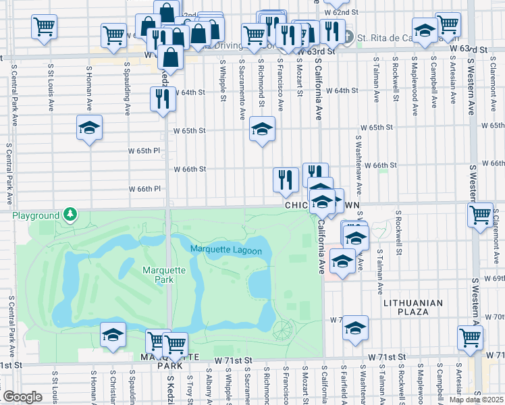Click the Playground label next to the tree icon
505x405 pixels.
tap(35, 215)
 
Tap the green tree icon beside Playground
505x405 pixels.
tap(70, 215)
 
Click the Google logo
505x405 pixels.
tap(22, 397)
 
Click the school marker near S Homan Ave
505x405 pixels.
tap(89, 128)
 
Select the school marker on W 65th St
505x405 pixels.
tap(262, 128)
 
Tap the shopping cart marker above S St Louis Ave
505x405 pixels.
tap(44, 27)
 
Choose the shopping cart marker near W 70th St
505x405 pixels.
tap(470, 337)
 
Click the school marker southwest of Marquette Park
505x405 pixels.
tap(113, 334)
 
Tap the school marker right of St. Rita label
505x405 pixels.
tap(424, 31)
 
